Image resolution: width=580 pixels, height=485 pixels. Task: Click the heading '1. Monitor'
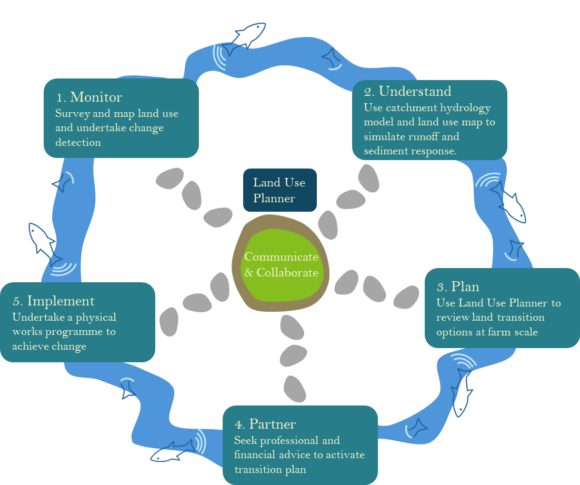click(89, 97)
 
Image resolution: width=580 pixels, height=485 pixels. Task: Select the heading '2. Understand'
click(408, 91)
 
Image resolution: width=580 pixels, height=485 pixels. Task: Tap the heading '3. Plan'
click(458, 286)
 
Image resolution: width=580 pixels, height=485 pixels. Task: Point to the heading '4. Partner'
click(265, 424)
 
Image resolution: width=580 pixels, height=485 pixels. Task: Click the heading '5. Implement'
click(54, 301)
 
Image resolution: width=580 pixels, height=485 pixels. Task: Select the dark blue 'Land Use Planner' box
click(279, 190)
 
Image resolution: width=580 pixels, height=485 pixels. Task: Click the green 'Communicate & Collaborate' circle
click(281, 265)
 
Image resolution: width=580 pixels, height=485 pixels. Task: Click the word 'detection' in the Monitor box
click(78, 142)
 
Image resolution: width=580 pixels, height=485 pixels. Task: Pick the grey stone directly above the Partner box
click(295, 389)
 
